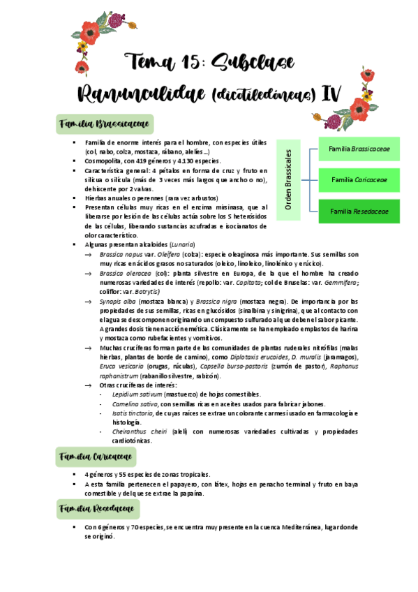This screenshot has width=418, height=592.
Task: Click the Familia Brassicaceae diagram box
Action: coord(359,149)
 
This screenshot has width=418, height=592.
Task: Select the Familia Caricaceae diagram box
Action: coord(359,180)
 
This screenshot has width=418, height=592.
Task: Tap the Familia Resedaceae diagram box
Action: coord(359,211)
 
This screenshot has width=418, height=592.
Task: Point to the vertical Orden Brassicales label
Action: coord(289,179)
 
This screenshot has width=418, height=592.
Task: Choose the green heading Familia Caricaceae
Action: coord(96,457)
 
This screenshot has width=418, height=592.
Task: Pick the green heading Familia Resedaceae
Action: coord(97,508)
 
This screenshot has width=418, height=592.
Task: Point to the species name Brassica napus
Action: coord(119,254)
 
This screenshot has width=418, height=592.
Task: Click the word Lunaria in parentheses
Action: coord(181,244)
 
